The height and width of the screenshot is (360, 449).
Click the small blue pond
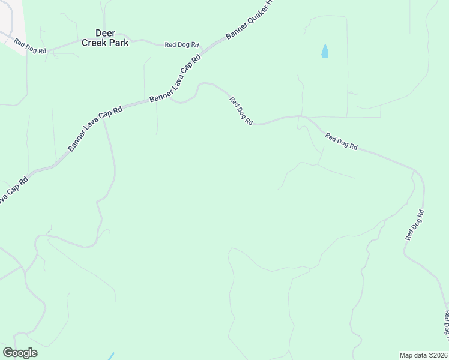click(x=325, y=52)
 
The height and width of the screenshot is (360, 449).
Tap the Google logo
click(x=20, y=353)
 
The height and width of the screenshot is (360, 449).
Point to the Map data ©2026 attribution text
click(x=423, y=355)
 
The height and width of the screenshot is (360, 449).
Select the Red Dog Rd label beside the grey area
click(x=30, y=47)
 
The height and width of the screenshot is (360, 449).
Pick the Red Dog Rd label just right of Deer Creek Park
click(x=183, y=45)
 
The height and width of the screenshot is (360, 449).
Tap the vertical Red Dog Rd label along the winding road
click(x=415, y=225)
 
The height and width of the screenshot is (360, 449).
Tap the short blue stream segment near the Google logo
click(x=111, y=356)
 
